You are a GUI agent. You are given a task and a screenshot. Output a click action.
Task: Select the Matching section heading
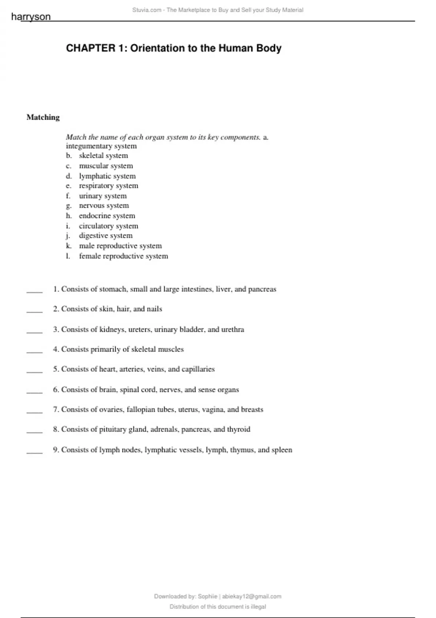43,117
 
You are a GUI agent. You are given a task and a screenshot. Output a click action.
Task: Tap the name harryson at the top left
31,17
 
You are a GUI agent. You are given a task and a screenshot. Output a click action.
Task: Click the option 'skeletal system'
103,156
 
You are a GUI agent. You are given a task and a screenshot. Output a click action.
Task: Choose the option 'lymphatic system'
107,176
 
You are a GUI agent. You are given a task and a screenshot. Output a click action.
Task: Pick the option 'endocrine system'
107,216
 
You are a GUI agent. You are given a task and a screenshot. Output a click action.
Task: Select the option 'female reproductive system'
124,256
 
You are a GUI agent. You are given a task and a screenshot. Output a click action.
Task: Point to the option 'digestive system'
105,236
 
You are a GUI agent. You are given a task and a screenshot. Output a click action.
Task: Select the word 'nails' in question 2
154,309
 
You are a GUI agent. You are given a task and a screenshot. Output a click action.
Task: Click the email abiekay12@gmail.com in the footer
252,596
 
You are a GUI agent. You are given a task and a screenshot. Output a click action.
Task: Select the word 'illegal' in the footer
258,606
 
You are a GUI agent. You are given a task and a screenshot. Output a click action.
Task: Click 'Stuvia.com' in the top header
147,10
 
